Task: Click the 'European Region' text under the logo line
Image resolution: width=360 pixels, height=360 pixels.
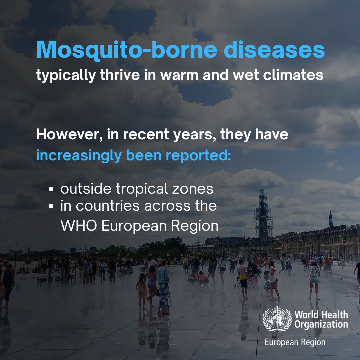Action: coord(295,342)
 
